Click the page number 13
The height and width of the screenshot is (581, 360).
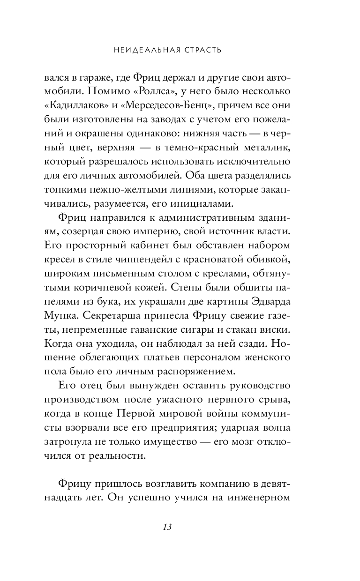(x=167, y=527)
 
